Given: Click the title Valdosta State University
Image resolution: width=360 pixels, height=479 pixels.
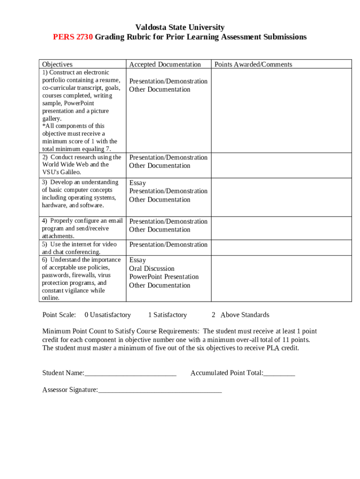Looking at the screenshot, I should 180,27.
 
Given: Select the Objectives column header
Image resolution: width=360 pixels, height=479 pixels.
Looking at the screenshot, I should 58,65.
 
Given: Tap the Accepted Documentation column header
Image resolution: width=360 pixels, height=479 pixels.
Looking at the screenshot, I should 165,65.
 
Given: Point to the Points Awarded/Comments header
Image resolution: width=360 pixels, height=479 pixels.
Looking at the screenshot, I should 253,65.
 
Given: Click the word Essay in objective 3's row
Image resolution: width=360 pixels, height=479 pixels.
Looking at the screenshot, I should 137,183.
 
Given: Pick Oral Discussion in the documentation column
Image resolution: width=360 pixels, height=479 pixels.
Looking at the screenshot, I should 152,269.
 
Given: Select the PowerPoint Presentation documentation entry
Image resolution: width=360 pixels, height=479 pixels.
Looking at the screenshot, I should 164,277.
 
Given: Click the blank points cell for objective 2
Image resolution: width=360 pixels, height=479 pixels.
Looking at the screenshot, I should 281,165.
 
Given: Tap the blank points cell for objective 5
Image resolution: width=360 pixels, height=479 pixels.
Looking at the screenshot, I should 281,247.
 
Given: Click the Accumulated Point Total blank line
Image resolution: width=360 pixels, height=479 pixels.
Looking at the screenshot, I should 279,373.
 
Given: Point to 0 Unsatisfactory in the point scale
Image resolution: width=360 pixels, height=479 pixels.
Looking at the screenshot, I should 108,315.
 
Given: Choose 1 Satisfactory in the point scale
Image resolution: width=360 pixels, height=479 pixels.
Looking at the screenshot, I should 167,315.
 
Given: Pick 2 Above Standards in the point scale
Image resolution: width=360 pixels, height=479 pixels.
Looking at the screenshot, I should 240,315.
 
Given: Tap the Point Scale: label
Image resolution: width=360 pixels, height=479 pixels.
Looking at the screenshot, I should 59,315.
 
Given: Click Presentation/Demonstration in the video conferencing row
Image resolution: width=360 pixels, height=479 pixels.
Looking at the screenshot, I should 168,245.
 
